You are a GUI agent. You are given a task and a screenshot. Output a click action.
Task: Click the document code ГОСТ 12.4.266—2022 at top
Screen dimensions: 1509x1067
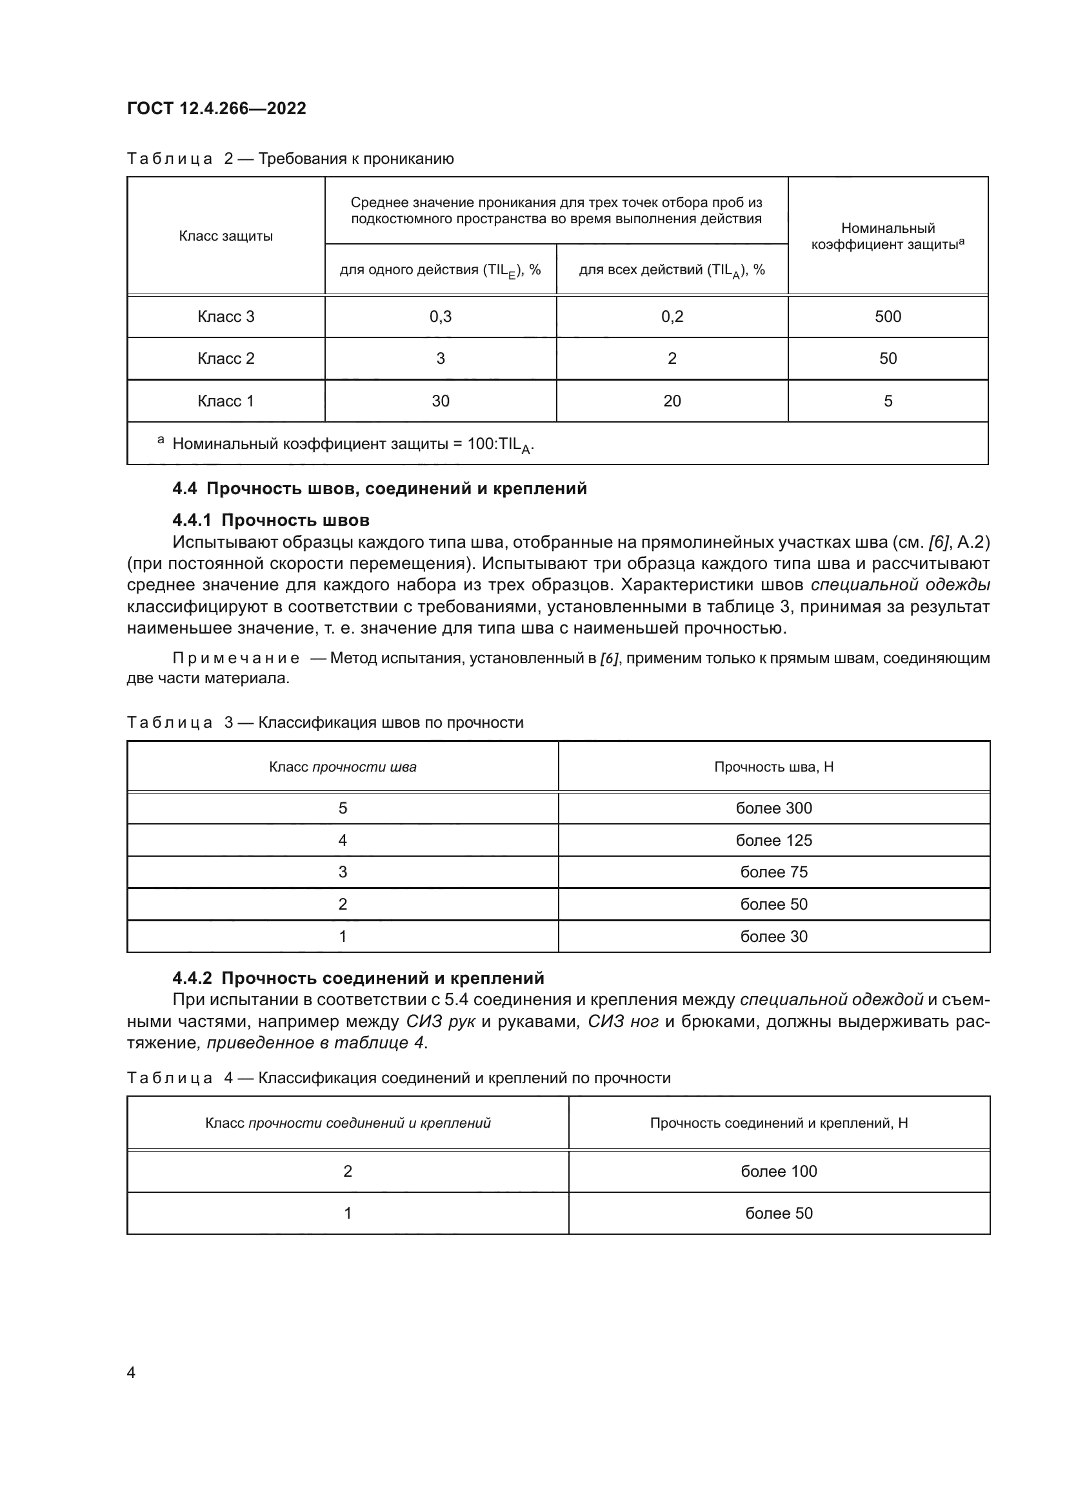click(x=217, y=108)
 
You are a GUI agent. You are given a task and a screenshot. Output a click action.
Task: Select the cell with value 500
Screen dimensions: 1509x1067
click(x=888, y=317)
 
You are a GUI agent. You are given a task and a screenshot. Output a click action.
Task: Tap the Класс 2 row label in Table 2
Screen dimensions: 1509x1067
click(x=225, y=358)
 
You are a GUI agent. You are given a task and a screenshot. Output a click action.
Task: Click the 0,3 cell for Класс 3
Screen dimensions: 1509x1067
click(x=440, y=317)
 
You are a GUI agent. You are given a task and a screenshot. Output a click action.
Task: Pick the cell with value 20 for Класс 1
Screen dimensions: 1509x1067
click(x=672, y=401)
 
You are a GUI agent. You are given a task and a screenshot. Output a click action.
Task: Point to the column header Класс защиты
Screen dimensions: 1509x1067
click(x=225, y=236)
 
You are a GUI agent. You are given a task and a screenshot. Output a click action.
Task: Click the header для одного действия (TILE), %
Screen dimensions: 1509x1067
click(x=440, y=270)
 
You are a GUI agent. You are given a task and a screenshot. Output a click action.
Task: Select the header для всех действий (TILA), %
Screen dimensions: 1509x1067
click(x=672, y=270)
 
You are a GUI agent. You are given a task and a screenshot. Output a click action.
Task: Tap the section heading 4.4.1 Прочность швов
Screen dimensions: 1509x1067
click(x=271, y=521)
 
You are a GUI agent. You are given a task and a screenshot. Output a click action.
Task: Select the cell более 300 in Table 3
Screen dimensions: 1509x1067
click(x=773, y=808)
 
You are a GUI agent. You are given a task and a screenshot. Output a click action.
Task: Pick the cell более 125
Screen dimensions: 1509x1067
click(x=773, y=840)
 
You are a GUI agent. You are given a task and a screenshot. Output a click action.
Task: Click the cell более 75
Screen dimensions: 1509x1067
click(x=773, y=872)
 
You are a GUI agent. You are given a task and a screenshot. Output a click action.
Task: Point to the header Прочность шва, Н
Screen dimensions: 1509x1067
click(x=773, y=767)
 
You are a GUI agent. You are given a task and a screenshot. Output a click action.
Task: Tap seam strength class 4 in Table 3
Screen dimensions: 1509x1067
click(x=343, y=840)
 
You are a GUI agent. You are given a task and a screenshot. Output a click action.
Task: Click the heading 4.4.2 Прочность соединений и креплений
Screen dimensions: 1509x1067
click(x=358, y=978)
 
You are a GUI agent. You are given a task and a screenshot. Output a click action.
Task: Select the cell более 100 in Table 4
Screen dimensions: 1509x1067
click(x=779, y=1171)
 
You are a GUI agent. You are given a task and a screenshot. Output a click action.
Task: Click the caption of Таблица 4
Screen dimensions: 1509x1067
click(x=398, y=1078)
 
